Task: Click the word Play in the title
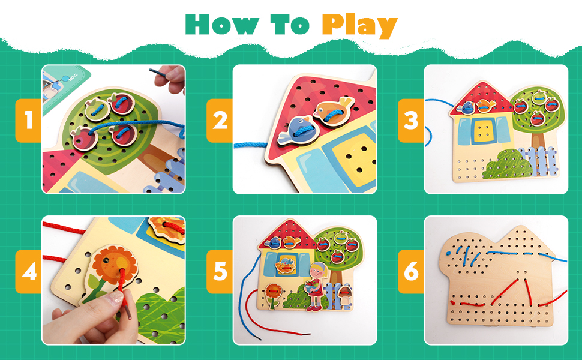click(x=359, y=25)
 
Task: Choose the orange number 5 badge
click(x=220, y=274)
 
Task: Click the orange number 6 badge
click(x=411, y=274)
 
